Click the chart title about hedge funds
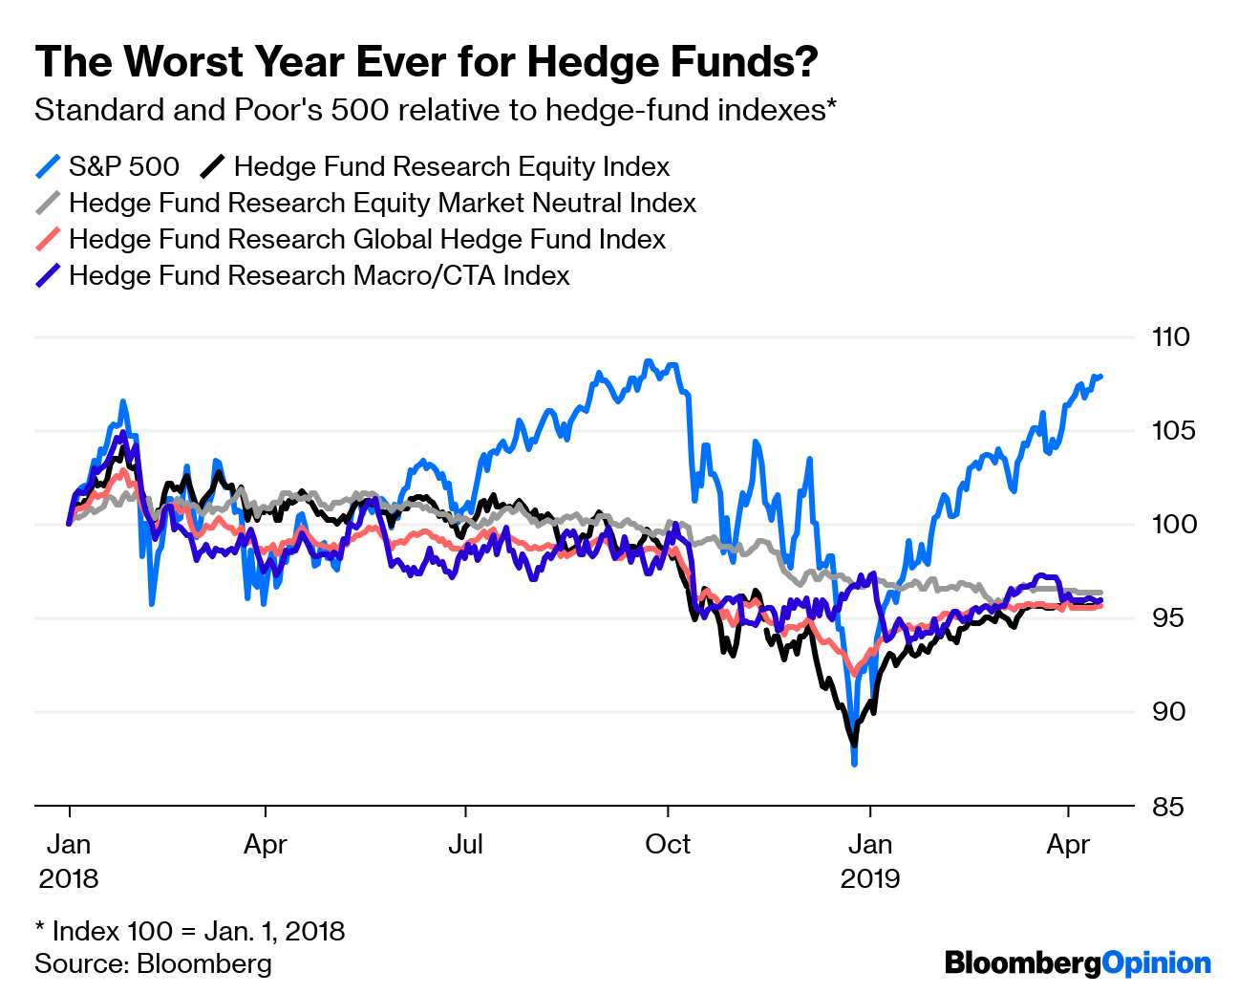pos(426,62)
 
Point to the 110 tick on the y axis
pos(1171,336)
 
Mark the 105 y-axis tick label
pos(1171,430)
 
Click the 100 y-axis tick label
pos(1171,524)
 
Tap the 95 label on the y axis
pos(1167,617)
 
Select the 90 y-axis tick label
pos(1167,711)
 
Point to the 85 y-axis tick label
pos(1167,807)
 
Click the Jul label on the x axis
pos(465,845)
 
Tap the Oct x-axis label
pos(668,845)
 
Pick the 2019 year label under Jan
pos(869,878)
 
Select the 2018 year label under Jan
pos(69,878)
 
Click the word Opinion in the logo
pos(1156,962)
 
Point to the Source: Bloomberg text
pos(153,962)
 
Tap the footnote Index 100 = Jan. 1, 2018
pos(189,930)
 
